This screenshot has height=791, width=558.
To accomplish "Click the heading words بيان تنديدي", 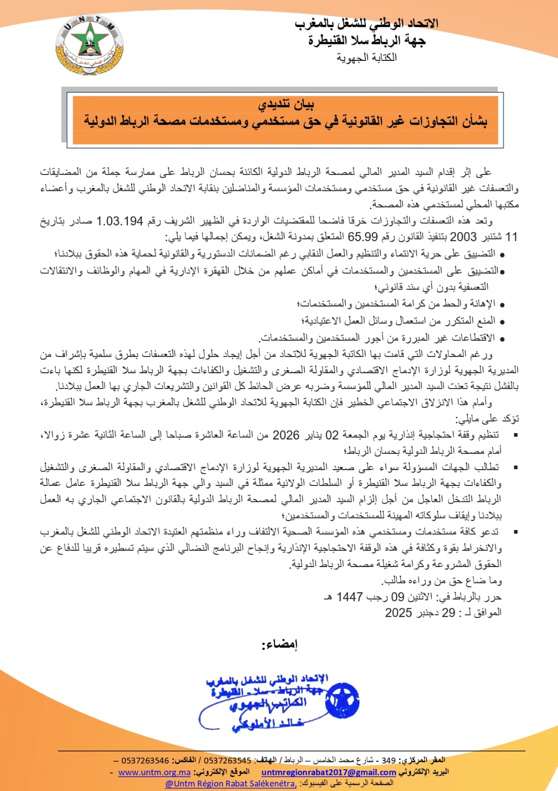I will click(x=286, y=105).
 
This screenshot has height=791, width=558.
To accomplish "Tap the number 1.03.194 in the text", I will click(x=120, y=221).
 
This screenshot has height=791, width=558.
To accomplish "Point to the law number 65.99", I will click(x=362, y=237).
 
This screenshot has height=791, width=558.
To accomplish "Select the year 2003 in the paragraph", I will click(x=463, y=237).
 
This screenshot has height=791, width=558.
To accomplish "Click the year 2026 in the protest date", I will click(x=286, y=435).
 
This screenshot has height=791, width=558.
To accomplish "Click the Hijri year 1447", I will click(x=350, y=597).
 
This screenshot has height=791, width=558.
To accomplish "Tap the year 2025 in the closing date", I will click(x=399, y=613).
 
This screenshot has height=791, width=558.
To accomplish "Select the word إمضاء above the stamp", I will click(x=280, y=645).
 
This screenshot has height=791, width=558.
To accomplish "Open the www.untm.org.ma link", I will click(x=155, y=772).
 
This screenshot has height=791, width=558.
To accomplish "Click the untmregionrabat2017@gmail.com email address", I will click(x=329, y=772).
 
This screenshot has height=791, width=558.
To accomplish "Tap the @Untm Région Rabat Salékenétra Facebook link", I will click(x=231, y=784).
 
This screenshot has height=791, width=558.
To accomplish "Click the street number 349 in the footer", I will click(x=388, y=760).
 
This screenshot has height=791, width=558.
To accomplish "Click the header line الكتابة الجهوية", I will click(x=367, y=58).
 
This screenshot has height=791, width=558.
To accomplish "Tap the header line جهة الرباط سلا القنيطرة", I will click(x=366, y=41).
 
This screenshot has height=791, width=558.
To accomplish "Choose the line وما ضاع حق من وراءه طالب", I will click(x=442, y=580).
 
